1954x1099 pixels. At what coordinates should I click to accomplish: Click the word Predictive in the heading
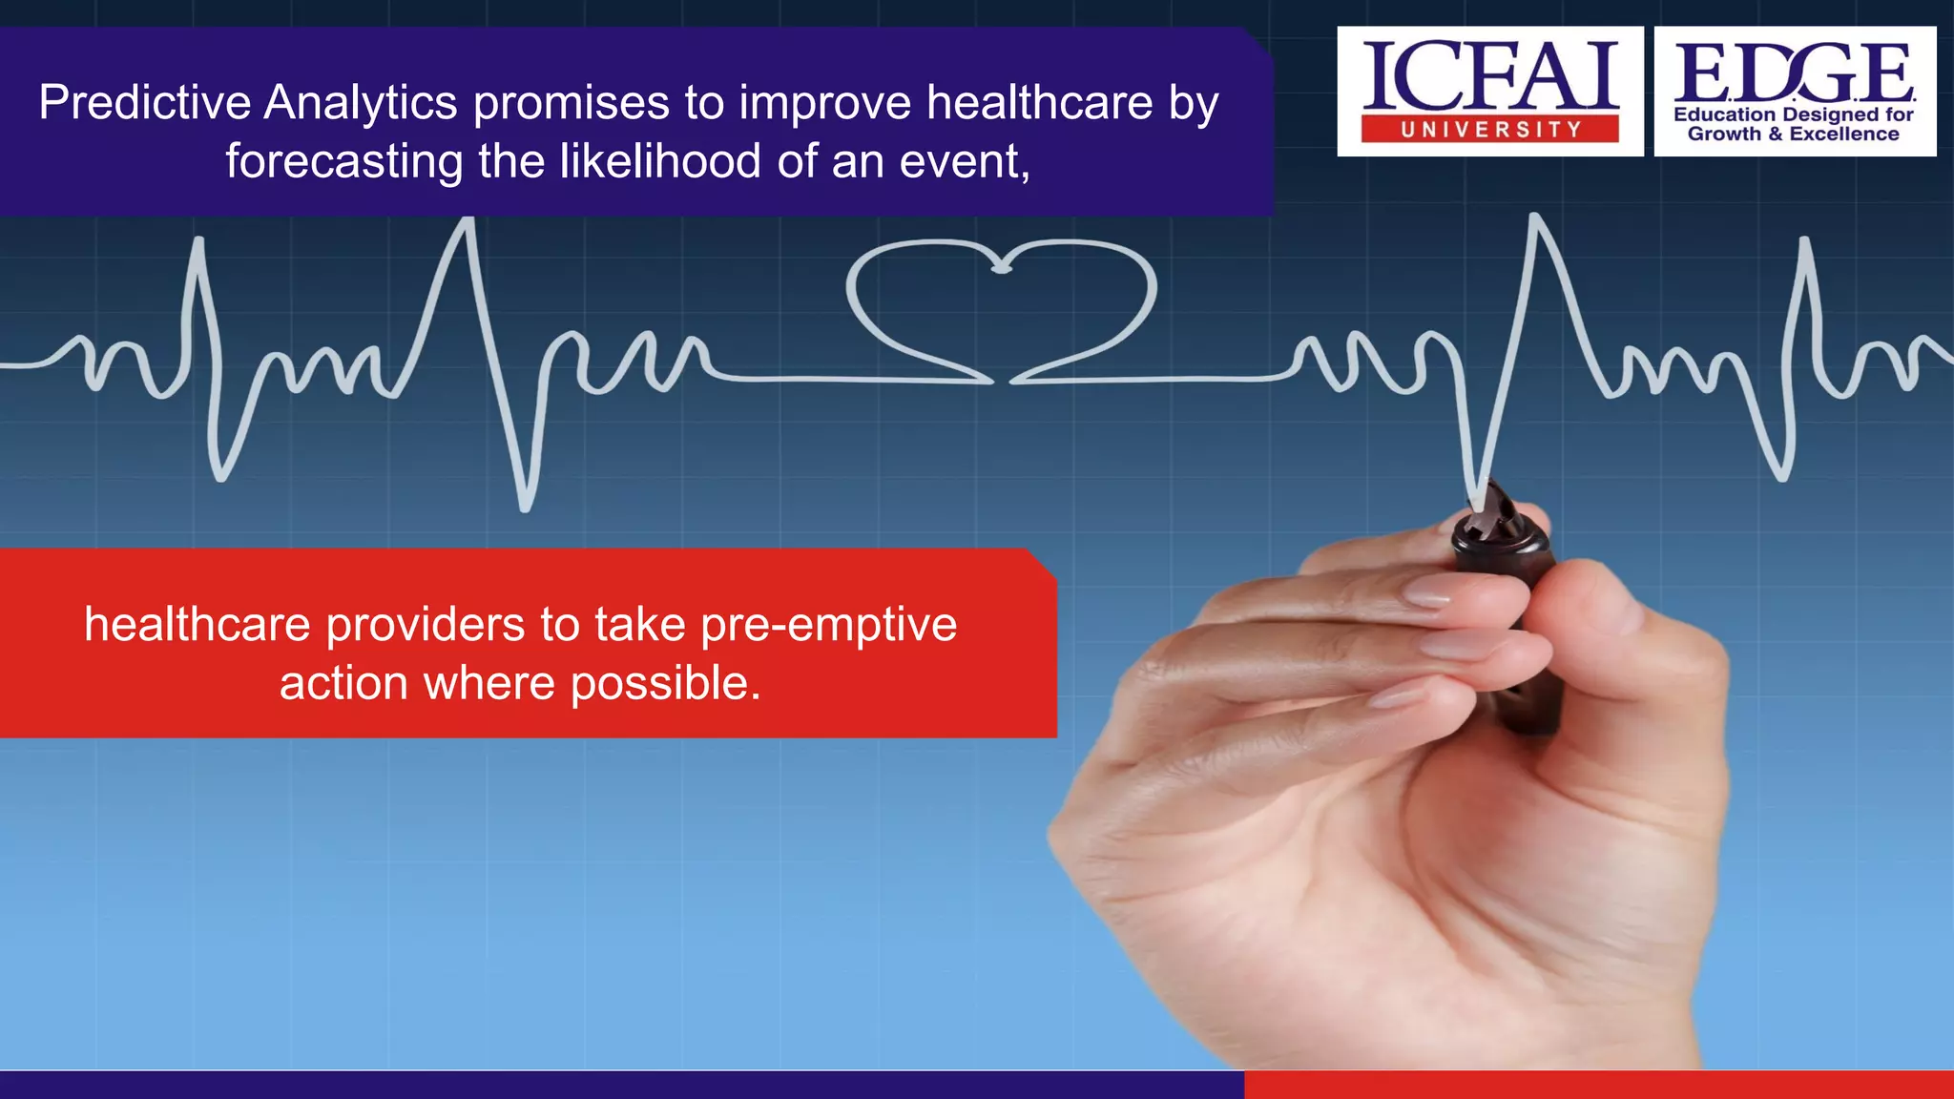point(144,102)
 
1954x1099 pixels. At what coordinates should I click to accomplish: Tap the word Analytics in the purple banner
point(361,103)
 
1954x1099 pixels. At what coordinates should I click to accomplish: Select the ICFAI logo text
point(1489,76)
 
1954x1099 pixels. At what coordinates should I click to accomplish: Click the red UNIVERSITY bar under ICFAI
point(1489,130)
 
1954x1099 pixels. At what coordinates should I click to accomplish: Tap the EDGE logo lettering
point(1794,73)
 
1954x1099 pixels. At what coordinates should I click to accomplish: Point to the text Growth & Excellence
point(1793,135)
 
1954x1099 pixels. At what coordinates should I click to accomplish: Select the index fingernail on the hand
point(1427,596)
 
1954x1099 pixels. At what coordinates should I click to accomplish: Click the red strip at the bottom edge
point(1598,1085)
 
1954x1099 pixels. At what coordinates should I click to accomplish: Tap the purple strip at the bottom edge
point(620,1085)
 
